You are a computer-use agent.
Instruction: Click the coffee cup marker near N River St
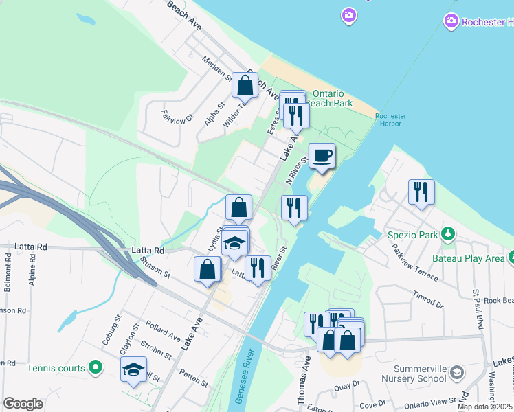coord(321,155)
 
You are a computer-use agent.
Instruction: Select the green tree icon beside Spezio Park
coord(448,235)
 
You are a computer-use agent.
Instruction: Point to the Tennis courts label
coord(56,368)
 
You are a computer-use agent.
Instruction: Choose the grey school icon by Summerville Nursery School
coord(458,372)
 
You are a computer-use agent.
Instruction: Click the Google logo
coord(23,404)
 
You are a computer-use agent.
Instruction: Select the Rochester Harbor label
coord(391,121)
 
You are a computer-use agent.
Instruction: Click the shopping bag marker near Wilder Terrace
coord(244,86)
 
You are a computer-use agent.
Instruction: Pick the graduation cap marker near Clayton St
coord(133,370)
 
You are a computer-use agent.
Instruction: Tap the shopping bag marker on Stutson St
coord(207,270)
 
